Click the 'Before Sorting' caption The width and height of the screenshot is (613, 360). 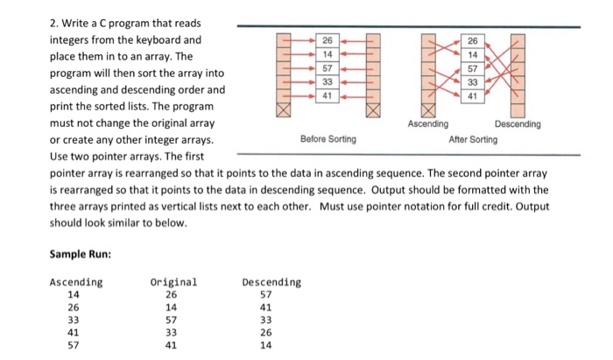pos(328,139)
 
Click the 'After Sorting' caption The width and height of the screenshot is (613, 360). pos(473,139)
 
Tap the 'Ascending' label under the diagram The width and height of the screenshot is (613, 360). pos(428,124)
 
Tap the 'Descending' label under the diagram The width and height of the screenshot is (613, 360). pos(518,124)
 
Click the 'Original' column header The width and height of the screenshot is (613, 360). pos(174,282)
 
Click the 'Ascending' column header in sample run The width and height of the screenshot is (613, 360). pos(76,282)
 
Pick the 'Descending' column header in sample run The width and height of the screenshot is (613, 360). pos(271,282)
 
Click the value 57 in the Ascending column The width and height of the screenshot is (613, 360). pos(74,345)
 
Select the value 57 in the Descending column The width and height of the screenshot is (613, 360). pos(266,295)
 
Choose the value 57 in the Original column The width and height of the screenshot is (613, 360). pos(172,321)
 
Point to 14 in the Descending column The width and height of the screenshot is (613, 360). pos(266,345)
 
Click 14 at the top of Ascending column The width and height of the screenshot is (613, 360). pos(74,295)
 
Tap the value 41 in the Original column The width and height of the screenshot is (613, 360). pos(172,345)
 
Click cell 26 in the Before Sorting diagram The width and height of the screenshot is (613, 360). pos(328,40)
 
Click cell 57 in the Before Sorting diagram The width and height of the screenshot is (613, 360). pos(328,68)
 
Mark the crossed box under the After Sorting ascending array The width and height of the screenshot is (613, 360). pos(428,110)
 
